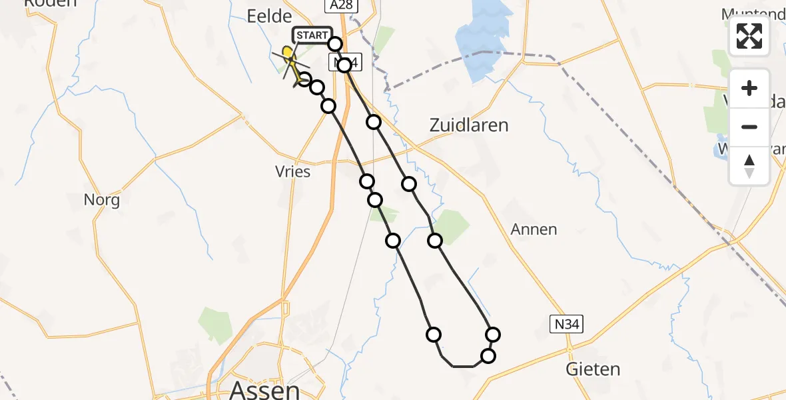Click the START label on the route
(310, 35)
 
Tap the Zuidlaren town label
(469, 125)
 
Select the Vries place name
(292, 171)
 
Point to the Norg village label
(102, 199)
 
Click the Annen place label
(534, 229)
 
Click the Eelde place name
(270, 16)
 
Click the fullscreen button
(749, 36)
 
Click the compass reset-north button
(749, 166)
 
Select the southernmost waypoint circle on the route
(488, 356)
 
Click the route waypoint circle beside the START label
(335, 44)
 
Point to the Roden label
(50, 3)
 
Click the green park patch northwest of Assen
(215, 324)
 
